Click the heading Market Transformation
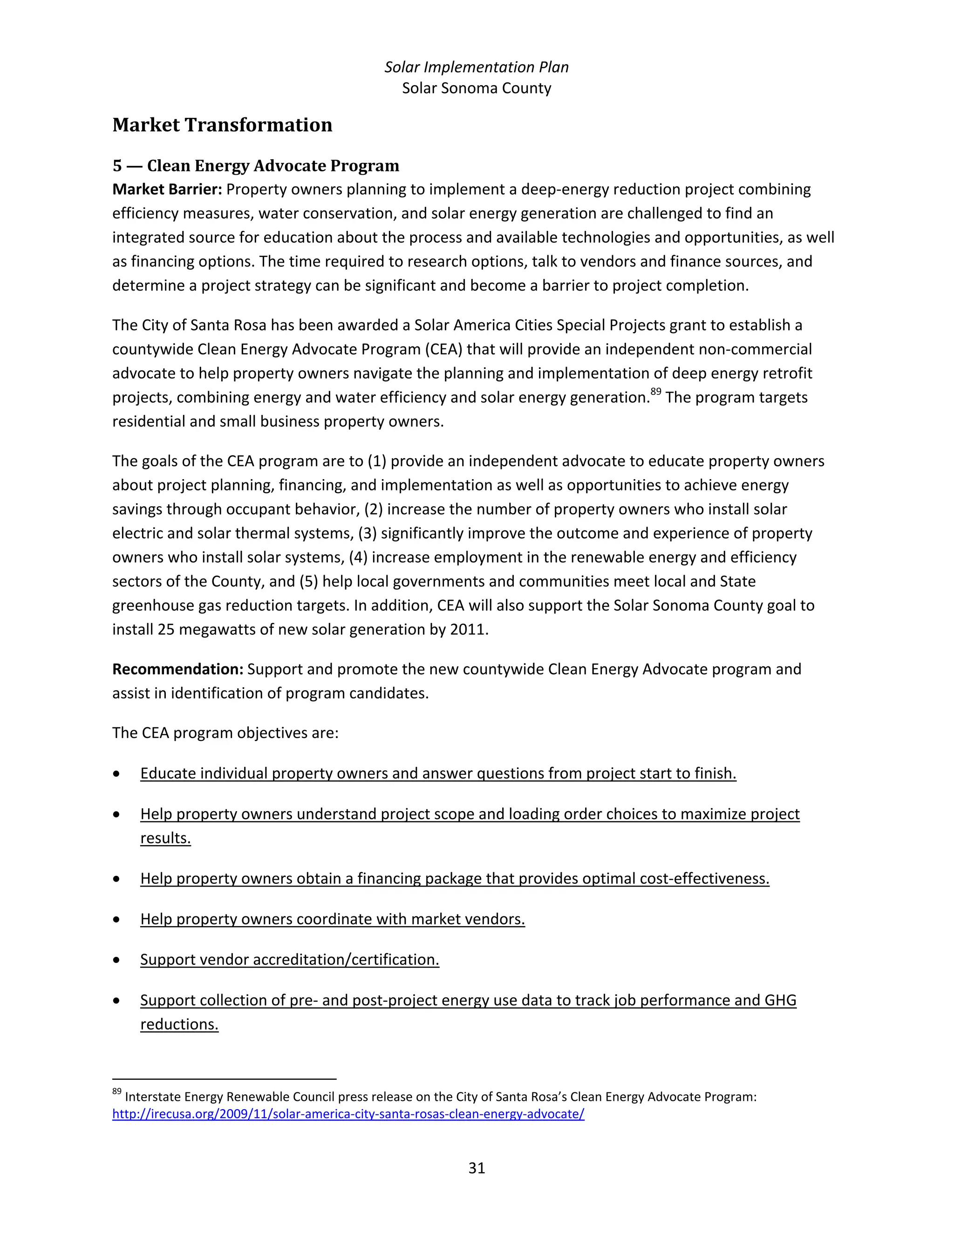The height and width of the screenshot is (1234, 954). (x=222, y=125)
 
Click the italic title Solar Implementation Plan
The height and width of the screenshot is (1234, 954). (x=477, y=67)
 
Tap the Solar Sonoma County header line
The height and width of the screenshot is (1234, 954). (x=477, y=88)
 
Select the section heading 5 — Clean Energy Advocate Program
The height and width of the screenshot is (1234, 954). (x=255, y=166)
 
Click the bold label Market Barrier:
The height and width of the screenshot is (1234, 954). (x=167, y=189)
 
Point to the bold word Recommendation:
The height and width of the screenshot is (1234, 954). (x=177, y=669)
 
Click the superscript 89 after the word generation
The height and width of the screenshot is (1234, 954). (x=655, y=392)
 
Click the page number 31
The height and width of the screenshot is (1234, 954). (x=477, y=1168)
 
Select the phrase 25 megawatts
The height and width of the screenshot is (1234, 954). (x=206, y=630)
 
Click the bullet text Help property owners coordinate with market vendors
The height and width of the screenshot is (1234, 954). (x=332, y=919)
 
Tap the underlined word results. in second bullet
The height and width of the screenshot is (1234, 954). (x=165, y=838)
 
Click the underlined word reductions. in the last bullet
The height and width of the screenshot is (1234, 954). (x=179, y=1024)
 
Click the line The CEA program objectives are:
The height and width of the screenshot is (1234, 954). (x=225, y=733)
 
